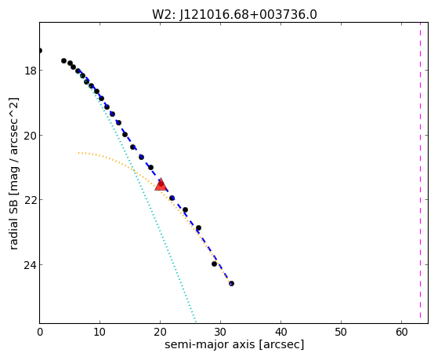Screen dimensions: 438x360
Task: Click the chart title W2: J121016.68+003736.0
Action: [x=234, y=14]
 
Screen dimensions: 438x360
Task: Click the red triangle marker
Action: [x=161, y=184]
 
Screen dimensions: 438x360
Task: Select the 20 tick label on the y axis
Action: [x=31, y=136]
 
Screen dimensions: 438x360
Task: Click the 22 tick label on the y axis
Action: [x=31, y=200]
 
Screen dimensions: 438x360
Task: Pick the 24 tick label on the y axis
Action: [x=31, y=265]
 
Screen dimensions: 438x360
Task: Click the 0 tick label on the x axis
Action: [x=40, y=333]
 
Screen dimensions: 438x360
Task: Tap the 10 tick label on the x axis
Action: [x=100, y=333]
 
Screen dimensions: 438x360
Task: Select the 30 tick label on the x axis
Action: [x=220, y=333]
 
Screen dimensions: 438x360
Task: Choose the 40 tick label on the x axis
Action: [x=281, y=333]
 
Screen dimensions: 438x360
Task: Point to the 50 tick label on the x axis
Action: [x=341, y=333]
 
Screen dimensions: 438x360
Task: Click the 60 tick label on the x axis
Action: [x=401, y=333]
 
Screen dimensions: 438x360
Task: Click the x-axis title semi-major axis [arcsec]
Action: [x=234, y=344]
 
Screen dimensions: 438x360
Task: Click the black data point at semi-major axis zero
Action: [x=40, y=51]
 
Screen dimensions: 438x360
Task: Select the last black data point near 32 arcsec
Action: [x=231, y=284]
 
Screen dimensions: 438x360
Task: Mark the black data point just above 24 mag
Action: [x=214, y=264]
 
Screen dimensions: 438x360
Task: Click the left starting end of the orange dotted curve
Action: [x=79, y=153]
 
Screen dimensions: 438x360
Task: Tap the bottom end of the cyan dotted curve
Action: [x=195, y=322]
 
